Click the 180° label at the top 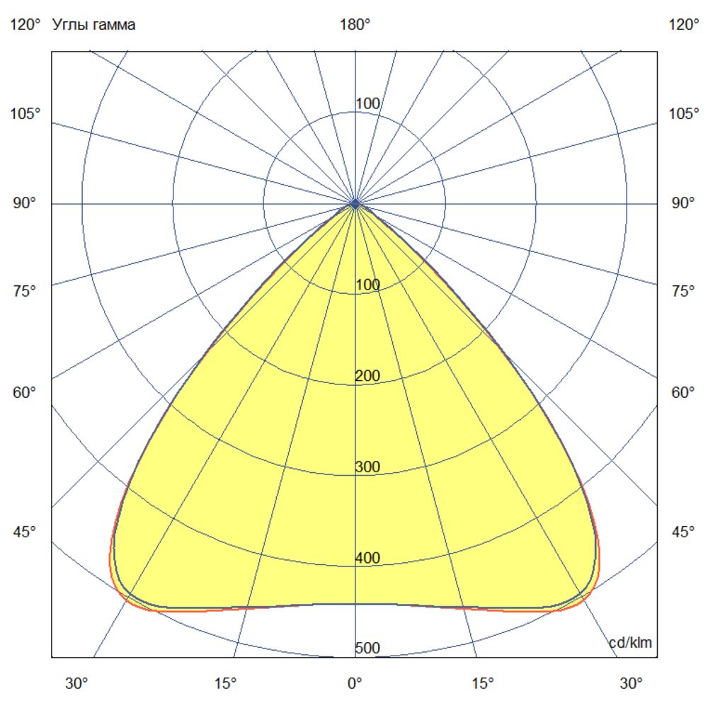[355, 25]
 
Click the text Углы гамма [94, 25]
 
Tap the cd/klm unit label [631, 643]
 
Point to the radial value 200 [367, 376]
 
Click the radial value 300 [367, 467]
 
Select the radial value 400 [367, 558]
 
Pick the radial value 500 [367, 649]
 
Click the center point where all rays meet [355, 204]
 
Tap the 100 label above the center [367, 104]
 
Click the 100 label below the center [367, 285]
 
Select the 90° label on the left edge [25, 204]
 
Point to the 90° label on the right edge [683, 204]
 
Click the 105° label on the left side [25, 114]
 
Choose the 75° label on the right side [683, 291]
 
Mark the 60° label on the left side [25, 392]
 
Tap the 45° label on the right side [683, 532]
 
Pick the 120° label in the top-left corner [25, 25]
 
